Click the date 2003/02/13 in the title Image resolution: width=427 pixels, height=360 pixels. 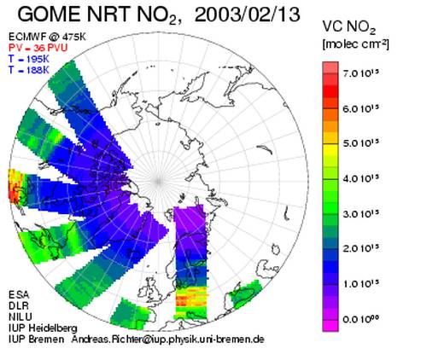pyautogui.click(x=247, y=15)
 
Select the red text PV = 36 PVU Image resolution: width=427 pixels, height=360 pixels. pyautogui.click(x=38, y=48)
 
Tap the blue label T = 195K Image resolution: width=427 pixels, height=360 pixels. pyautogui.click(x=29, y=59)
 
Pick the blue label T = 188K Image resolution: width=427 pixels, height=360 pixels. pyautogui.click(x=29, y=70)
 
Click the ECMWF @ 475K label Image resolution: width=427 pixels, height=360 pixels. pyautogui.click(x=47, y=37)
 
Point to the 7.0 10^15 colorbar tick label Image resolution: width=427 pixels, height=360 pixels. pyautogui.click(x=361, y=73)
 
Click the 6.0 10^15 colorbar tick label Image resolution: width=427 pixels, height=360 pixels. pyautogui.click(x=361, y=108)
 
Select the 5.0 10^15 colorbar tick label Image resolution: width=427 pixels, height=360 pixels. pyautogui.click(x=361, y=143)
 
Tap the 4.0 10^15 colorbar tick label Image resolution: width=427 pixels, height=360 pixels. pyautogui.click(x=361, y=179)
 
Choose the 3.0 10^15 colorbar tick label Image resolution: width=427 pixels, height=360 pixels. pyautogui.click(x=361, y=214)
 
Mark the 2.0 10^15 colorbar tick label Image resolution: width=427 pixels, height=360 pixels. pyautogui.click(x=361, y=249)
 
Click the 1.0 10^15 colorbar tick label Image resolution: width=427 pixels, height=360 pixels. pyautogui.click(x=361, y=284)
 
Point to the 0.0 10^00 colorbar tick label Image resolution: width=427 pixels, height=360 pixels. pyautogui.click(x=361, y=319)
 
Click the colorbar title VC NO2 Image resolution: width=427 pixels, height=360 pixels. pyautogui.click(x=349, y=28)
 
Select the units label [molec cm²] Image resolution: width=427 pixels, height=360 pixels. pyautogui.click(x=355, y=44)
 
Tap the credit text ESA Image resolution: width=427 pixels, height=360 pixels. pyautogui.click(x=19, y=294)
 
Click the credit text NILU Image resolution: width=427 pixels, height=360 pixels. pyautogui.click(x=20, y=316)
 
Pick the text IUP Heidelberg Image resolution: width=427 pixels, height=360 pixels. pyautogui.click(x=43, y=328)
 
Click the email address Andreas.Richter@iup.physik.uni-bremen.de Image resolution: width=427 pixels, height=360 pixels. pyautogui.click(x=168, y=340)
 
